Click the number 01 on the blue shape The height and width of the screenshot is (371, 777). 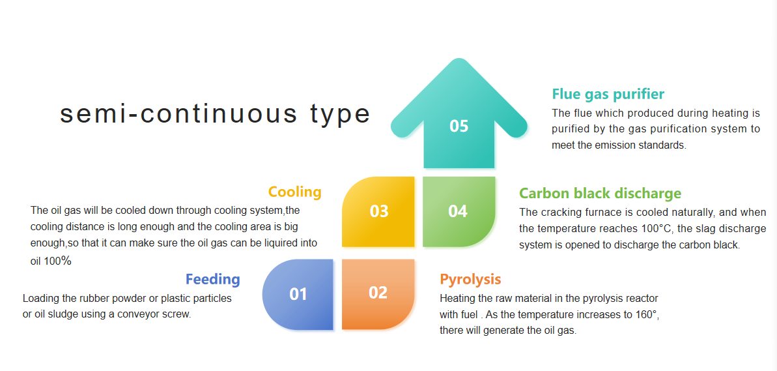[298, 294]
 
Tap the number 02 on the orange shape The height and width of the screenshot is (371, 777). [378, 293]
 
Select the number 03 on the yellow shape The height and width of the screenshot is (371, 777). [379, 211]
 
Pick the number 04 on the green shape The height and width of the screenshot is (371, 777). [458, 211]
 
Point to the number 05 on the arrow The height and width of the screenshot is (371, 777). [459, 126]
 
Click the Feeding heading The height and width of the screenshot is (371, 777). [213, 279]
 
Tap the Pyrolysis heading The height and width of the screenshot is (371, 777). [471, 279]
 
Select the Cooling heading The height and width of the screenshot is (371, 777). [295, 192]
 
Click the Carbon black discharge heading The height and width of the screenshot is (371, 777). [600, 193]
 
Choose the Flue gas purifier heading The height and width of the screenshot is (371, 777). [608, 95]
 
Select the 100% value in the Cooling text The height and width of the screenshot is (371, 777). [58, 261]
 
